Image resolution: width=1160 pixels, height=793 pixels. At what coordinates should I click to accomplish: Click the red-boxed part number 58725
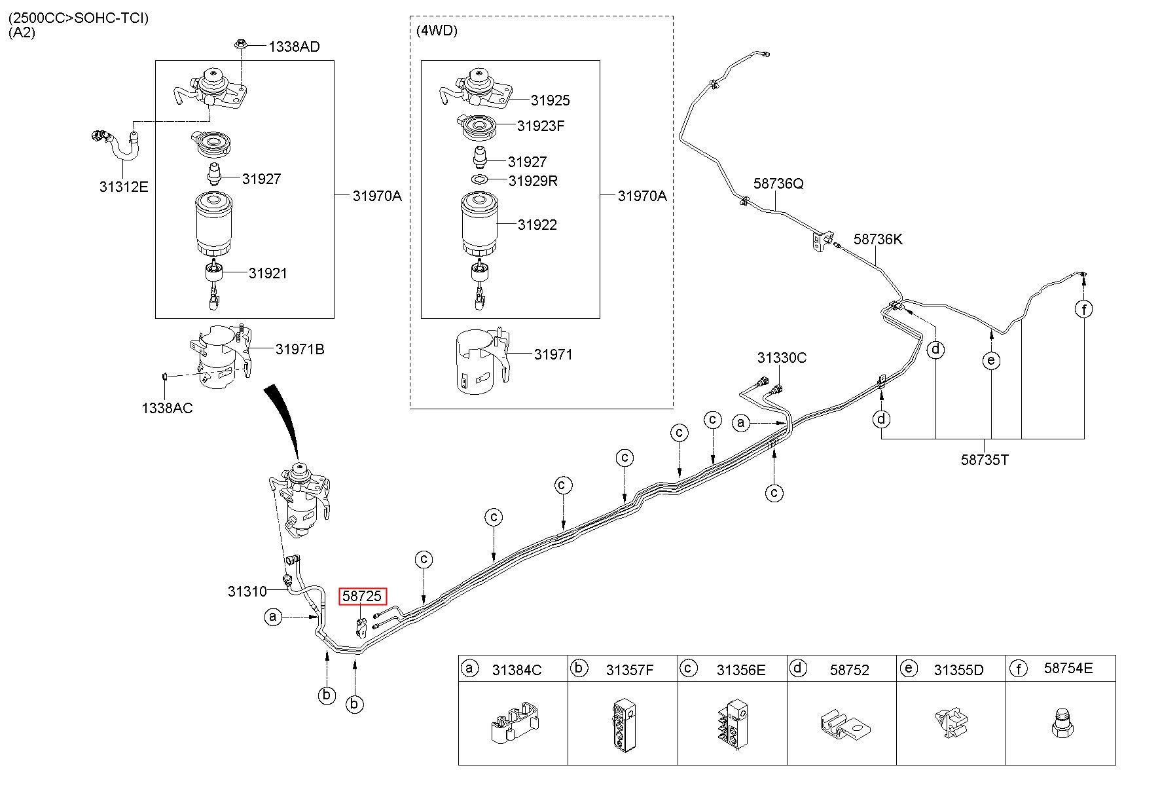(x=362, y=597)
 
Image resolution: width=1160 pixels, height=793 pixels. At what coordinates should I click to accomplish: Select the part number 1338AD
(x=294, y=46)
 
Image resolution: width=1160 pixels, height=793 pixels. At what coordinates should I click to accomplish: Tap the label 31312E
(x=124, y=187)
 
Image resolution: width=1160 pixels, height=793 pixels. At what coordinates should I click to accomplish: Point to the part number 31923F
(x=540, y=126)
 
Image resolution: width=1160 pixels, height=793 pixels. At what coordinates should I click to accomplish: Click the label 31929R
(x=532, y=181)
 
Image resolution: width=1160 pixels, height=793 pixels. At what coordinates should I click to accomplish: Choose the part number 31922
(x=537, y=225)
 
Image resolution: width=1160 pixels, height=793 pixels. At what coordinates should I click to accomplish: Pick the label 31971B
(x=299, y=349)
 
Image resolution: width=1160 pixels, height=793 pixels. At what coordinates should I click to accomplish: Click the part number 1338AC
(x=167, y=408)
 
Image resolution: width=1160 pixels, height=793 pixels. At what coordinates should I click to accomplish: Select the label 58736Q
(x=778, y=183)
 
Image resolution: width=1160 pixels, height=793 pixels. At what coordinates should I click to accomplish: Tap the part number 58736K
(x=877, y=239)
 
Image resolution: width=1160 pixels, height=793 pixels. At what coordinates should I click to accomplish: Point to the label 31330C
(x=782, y=358)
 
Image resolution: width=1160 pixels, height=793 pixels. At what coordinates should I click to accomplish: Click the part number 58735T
(x=985, y=460)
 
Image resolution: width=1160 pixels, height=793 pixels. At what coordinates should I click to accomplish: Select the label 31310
(x=247, y=591)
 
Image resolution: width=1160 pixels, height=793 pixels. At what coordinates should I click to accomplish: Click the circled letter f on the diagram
(x=1084, y=308)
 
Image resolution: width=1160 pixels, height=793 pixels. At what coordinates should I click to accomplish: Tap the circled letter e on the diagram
(x=991, y=360)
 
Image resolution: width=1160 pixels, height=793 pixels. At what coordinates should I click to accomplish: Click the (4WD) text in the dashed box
(x=437, y=31)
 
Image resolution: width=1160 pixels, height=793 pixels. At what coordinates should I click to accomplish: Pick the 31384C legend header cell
(x=513, y=669)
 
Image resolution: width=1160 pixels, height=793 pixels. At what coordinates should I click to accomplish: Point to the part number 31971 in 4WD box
(x=553, y=354)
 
